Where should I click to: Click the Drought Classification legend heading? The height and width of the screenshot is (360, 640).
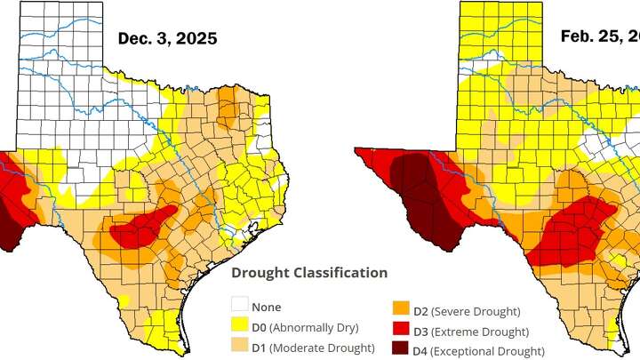tap(309, 273)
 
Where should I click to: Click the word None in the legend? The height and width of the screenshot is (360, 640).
tap(266, 308)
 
